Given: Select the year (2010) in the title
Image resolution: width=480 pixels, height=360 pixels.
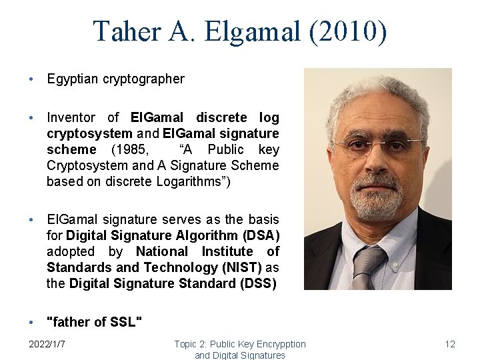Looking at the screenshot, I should (347, 31).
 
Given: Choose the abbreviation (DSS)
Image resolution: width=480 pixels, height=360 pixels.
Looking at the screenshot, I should (257, 283).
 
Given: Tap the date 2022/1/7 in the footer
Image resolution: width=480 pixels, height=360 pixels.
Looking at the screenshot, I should (51, 344).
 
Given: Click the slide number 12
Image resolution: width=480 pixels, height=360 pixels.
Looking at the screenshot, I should (450, 344).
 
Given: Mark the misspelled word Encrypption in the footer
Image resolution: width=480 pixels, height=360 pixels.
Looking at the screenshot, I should (279, 344).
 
